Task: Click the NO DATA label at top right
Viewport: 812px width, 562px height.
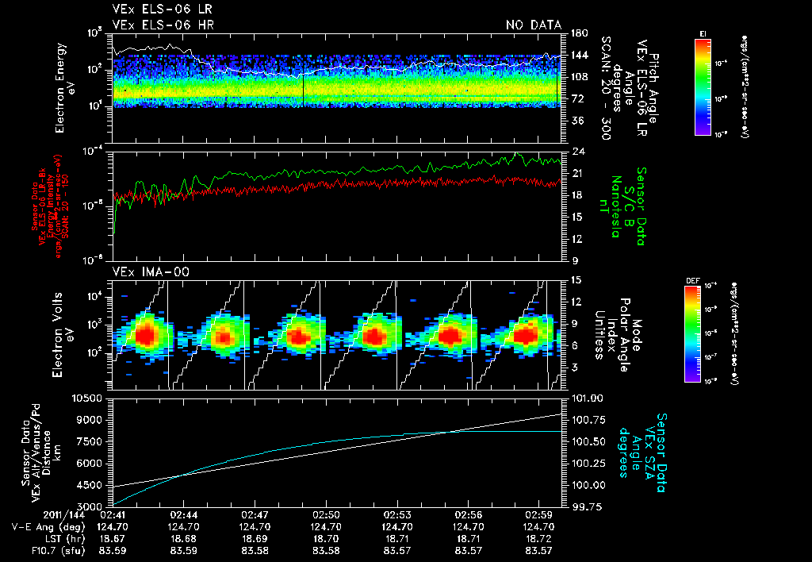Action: tap(533, 25)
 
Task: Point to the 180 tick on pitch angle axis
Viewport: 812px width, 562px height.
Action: tap(577, 33)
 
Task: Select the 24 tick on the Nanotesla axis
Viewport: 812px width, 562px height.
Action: tap(577, 152)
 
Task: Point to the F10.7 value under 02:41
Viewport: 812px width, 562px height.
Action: tap(112, 550)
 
